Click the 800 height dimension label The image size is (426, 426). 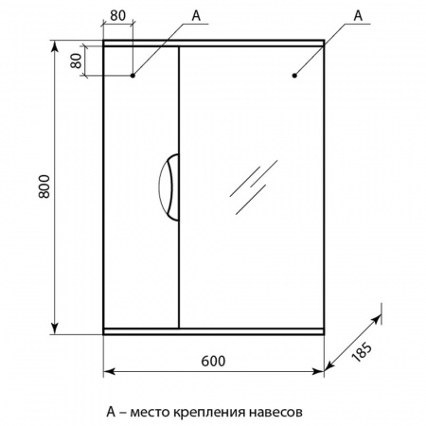(x=44, y=186)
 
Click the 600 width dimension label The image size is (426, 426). (x=213, y=361)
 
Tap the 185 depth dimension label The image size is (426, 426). (x=362, y=352)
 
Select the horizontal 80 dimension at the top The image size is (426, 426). (x=117, y=15)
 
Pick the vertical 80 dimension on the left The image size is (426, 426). (x=76, y=61)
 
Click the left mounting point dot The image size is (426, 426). (x=133, y=76)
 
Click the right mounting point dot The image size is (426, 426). (x=294, y=76)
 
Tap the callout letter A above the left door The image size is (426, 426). (x=196, y=15)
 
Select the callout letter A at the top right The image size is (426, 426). (x=358, y=15)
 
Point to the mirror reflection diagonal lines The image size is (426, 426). (x=254, y=187)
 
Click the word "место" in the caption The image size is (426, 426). (x=151, y=412)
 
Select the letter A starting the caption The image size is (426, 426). (x=111, y=411)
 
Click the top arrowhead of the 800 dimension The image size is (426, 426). (x=55, y=45)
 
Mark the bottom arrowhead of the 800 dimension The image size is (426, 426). (x=55, y=328)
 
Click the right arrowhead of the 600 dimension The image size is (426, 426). (x=318, y=371)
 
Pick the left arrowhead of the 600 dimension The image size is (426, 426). (x=109, y=371)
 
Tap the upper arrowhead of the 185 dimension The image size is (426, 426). (x=377, y=319)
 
